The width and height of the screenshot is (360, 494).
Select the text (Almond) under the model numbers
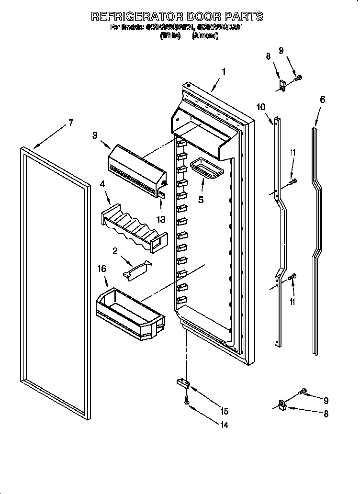[205, 35]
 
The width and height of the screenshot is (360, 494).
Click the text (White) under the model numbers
[169, 35]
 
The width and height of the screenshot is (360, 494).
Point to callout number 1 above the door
[223, 72]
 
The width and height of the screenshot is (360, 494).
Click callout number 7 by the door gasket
[70, 123]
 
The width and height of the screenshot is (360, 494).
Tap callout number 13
[161, 219]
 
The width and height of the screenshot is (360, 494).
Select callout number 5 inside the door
[201, 199]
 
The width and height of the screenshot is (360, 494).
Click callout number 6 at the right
[322, 99]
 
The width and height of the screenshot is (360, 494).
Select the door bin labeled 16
[129, 311]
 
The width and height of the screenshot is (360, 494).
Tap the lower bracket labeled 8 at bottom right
[281, 405]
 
